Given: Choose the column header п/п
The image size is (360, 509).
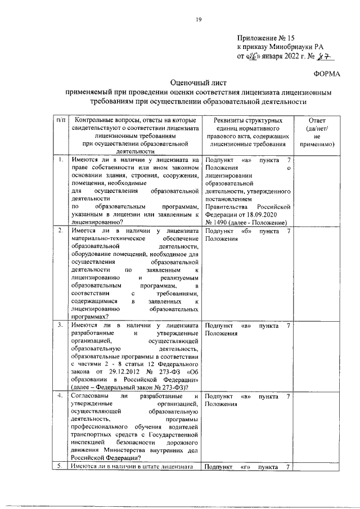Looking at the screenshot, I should click(61, 120).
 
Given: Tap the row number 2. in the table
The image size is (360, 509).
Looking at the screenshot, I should click(60, 231).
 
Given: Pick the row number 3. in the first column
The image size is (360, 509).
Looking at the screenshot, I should click(60, 326).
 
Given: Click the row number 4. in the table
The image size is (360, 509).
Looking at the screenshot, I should click(60, 397).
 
